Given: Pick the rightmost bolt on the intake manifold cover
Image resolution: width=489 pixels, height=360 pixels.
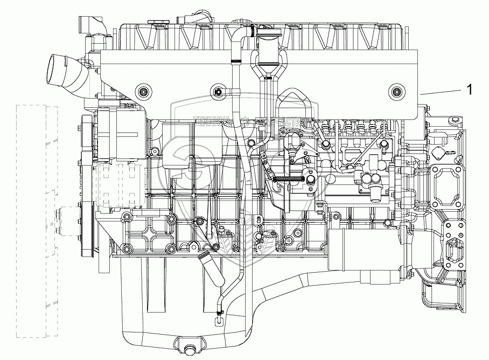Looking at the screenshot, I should pos(397,91).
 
